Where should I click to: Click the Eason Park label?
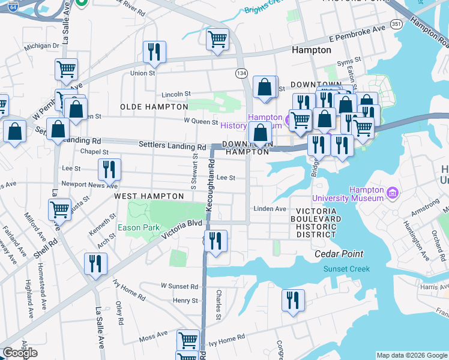click(147, 228)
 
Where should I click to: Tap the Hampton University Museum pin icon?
click(393, 193)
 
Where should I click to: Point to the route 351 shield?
click(396, 23)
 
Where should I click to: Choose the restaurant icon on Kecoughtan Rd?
click(215, 241)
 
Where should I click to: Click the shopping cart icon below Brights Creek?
click(217, 40)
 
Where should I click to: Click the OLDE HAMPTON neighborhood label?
click(154, 107)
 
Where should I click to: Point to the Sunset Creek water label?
click(347, 269)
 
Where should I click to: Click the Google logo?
click(20, 353)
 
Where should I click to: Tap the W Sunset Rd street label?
click(179, 287)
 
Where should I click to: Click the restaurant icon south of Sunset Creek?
click(293, 301)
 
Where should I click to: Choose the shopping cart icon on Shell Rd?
click(59, 210)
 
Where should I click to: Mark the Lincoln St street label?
click(177, 94)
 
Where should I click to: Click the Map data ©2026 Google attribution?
click(412, 355)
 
